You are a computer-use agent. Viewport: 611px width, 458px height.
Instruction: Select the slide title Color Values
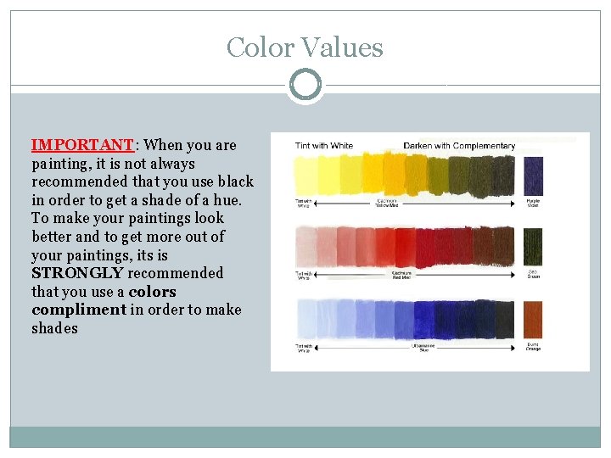[305, 47]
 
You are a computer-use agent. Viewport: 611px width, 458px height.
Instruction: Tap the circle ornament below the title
[305, 86]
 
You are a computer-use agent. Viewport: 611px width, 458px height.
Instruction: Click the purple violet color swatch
[533, 176]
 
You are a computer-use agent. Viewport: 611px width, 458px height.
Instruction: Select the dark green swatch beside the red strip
[532, 247]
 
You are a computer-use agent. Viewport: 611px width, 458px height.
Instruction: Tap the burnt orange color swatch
[533, 321]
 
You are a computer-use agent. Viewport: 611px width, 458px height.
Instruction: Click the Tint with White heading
[323, 146]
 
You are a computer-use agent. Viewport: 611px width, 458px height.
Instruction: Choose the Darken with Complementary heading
[458, 146]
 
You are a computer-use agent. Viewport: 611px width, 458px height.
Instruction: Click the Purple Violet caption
[532, 204]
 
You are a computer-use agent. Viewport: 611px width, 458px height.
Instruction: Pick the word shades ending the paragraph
[54, 328]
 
